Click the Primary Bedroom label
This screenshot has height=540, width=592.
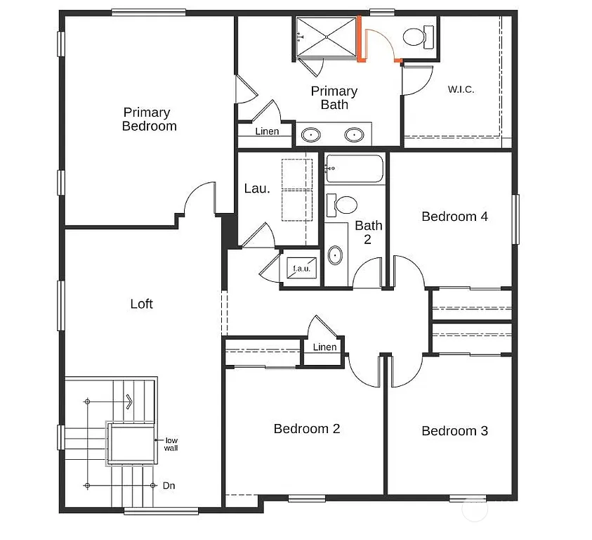pyautogui.click(x=149, y=120)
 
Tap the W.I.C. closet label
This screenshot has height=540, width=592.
pyautogui.click(x=461, y=89)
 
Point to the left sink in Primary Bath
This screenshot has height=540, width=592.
pyautogui.click(x=310, y=134)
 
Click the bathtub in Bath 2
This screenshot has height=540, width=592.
pyautogui.click(x=355, y=169)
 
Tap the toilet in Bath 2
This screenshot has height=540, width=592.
pyautogui.click(x=342, y=205)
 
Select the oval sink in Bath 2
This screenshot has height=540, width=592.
pyautogui.click(x=336, y=255)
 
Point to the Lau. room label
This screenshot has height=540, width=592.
pyautogui.click(x=256, y=188)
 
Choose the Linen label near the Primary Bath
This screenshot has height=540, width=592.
pyautogui.click(x=267, y=131)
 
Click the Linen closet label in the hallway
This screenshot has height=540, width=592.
pyautogui.click(x=324, y=347)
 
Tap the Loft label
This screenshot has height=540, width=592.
pyautogui.click(x=141, y=304)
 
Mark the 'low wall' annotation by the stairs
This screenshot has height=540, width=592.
pyautogui.click(x=171, y=444)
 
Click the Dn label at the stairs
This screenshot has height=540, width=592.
pyautogui.click(x=169, y=485)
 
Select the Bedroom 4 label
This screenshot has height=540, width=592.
pyautogui.click(x=454, y=217)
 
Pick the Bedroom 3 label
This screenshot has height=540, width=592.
pyautogui.click(x=454, y=431)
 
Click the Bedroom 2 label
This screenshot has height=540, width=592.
pyautogui.click(x=307, y=428)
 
